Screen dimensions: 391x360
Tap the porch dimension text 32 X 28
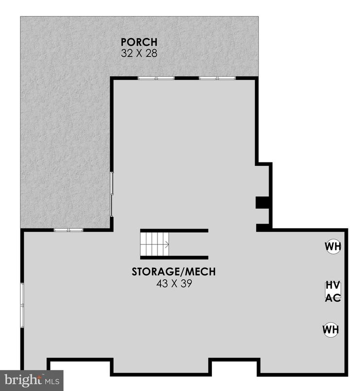coord(139,53)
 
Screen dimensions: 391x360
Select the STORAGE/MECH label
coord(173,271)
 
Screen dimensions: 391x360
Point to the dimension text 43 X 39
coord(173,284)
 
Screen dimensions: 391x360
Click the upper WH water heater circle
coord(333,247)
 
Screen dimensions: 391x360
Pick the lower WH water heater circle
coord(331,330)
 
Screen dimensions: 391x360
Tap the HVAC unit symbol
coord(333,291)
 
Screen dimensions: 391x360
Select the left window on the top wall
coord(155,78)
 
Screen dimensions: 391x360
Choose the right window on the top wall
coord(217,78)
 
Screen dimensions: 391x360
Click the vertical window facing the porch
coord(112,194)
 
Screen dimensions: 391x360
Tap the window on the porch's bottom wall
coord(69,230)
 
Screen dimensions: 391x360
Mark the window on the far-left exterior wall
coord(22,305)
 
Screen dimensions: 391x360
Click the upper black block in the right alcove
coord(263,202)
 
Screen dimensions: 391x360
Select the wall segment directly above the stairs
coord(174,230)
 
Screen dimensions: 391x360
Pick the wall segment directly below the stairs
coord(174,258)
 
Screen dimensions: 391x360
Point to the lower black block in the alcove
coord(263,227)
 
